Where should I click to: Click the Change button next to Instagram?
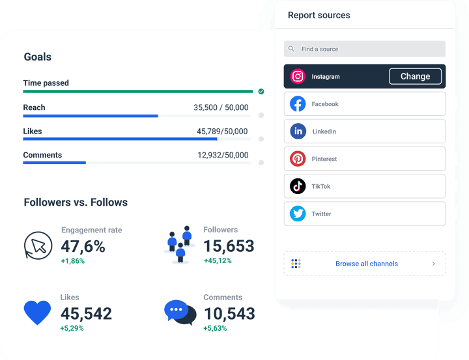[415, 76]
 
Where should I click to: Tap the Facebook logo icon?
[298, 104]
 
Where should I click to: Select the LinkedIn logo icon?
[298, 132]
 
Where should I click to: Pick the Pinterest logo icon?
[298, 159]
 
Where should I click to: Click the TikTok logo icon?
[298, 186]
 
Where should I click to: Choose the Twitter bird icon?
[298, 214]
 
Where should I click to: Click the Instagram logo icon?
[298, 77]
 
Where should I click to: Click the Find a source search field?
[365, 49]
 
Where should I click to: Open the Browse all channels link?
[366, 264]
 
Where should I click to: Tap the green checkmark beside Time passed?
[261, 91]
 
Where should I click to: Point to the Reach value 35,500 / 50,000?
[221, 107]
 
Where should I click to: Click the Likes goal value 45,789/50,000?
[222, 132]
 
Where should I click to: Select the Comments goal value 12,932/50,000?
[223, 156]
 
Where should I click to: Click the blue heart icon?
[37, 312]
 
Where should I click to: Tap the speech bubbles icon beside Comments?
[180, 312]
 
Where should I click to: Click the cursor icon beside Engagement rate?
[38, 245]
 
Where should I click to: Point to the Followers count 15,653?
[229, 246]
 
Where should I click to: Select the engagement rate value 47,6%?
[83, 246]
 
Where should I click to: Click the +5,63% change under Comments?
[215, 328]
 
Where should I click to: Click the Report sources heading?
[319, 16]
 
